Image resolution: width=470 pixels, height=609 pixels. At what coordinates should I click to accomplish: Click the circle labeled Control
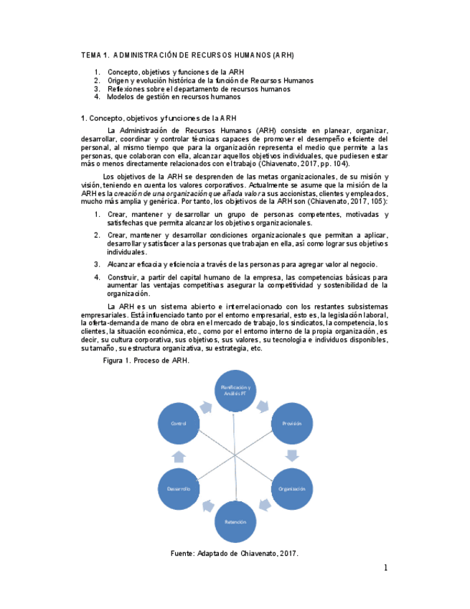[x=179, y=424]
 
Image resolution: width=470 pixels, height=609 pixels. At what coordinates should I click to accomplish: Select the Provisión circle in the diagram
[x=291, y=424]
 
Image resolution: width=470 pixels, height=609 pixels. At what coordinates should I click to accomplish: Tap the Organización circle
[x=291, y=488]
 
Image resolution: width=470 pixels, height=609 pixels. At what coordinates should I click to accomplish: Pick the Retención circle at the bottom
[x=235, y=521]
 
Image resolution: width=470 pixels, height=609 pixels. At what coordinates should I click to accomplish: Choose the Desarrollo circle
[x=179, y=488]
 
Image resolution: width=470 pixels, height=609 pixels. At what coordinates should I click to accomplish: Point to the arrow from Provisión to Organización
[x=292, y=455]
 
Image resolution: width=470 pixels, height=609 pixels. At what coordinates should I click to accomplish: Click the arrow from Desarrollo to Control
[x=179, y=457]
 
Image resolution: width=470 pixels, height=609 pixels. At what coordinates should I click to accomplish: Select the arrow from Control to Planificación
[x=205, y=406]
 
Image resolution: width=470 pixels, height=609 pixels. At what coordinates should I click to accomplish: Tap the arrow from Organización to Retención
[x=265, y=506]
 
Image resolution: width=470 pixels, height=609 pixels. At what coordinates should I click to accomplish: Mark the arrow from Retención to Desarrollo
[x=206, y=506]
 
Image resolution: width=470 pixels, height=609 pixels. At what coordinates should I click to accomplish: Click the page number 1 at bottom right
[x=385, y=568]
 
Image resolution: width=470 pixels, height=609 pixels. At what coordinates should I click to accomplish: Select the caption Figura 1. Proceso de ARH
[x=146, y=361]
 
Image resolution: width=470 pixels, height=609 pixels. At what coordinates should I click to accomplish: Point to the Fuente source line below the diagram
[x=234, y=553]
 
